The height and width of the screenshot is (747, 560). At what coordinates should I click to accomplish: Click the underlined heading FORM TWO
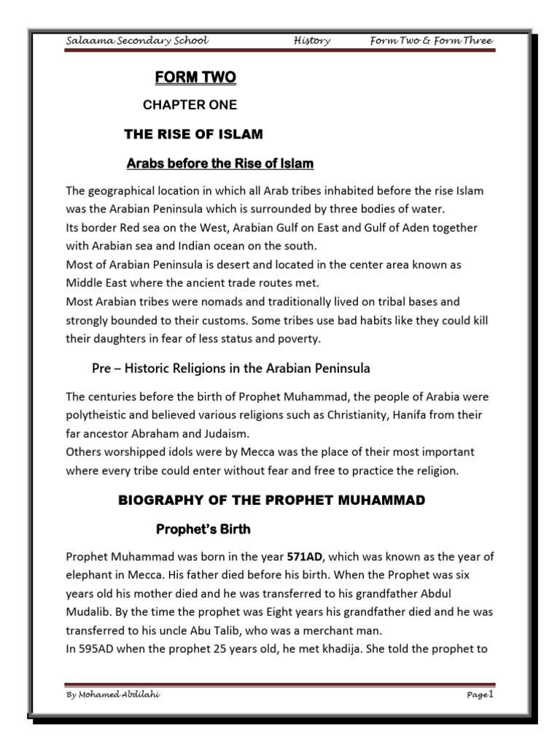pos(195,77)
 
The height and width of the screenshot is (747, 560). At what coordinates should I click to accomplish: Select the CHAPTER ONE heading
pos(190,105)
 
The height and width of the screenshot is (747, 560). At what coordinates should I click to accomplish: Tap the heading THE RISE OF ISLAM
pos(194,134)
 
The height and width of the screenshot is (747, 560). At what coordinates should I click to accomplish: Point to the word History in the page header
pos(311,42)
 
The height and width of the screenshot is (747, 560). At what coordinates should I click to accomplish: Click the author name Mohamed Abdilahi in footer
pos(112,694)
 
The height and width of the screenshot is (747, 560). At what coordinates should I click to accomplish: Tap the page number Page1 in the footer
pos(481,694)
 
